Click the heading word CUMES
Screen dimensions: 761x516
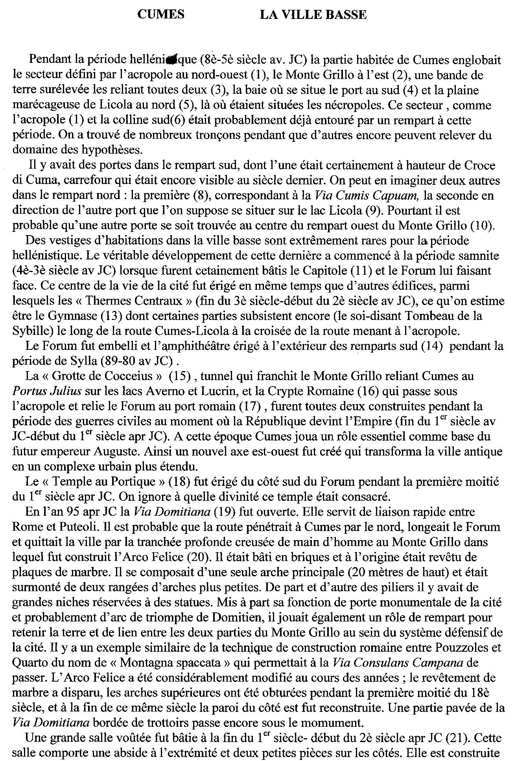161,15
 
